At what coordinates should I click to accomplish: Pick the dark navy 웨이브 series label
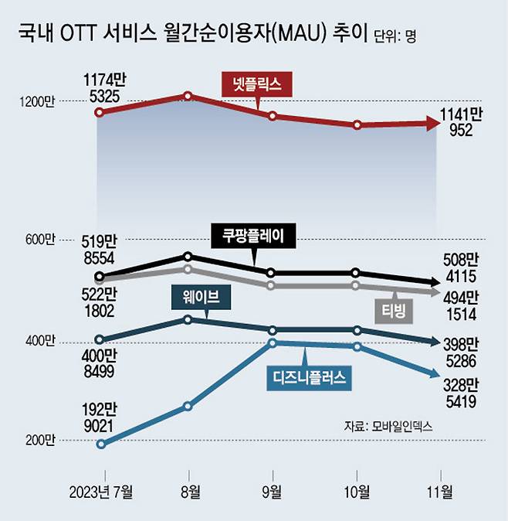click(x=201, y=295)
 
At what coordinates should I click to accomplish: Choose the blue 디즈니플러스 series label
click(x=307, y=377)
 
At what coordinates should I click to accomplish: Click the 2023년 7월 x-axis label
click(x=100, y=492)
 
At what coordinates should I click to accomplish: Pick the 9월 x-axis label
click(x=273, y=492)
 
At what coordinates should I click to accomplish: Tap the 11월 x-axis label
click(x=440, y=492)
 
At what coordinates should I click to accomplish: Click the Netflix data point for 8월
click(x=188, y=96)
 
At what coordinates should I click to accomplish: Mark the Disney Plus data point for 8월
click(x=188, y=406)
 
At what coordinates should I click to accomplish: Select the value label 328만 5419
click(x=459, y=393)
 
